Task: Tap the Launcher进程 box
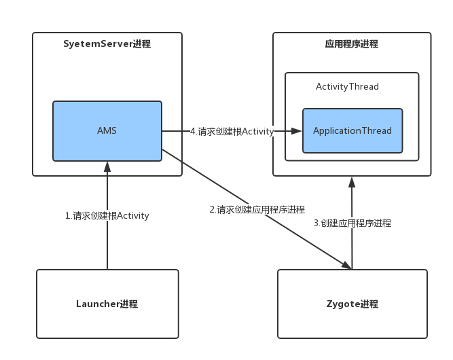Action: (x=107, y=304)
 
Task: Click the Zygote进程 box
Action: (x=352, y=304)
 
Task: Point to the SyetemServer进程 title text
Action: (x=107, y=45)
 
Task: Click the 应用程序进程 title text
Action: (x=352, y=45)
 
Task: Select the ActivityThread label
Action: (x=347, y=87)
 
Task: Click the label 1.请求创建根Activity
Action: (x=107, y=216)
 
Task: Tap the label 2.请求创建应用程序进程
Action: (x=257, y=210)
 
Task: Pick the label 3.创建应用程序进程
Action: (x=352, y=223)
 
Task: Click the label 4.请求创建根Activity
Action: (x=232, y=131)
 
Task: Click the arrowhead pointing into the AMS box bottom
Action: (x=107, y=166)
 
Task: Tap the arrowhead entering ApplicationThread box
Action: (x=297, y=131)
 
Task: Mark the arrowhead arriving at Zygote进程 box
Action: (x=346, y=266)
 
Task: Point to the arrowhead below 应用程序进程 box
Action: (x=352, y=181)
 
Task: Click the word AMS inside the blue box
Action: (x=107, y=130)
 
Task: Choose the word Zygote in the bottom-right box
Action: (x=342, y=304)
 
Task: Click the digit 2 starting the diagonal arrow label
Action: (x=212, y=210)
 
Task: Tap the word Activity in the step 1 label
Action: (x=133, y=216)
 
